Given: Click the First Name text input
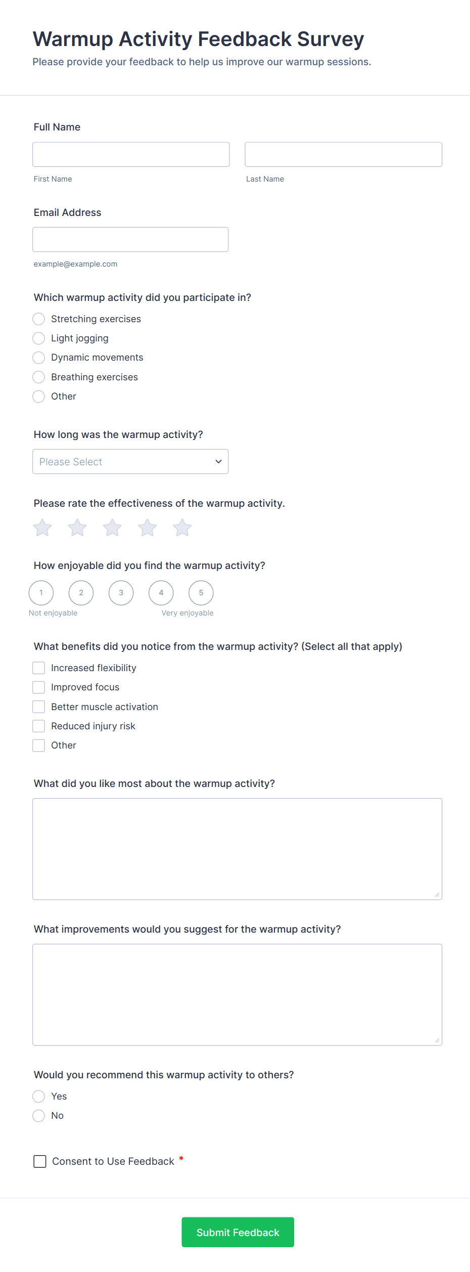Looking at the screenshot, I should tap(131, 154).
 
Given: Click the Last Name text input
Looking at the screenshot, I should tap(343, 154).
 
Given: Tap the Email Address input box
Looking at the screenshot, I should tap(130, 239).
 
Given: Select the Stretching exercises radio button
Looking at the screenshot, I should tap(39, 319).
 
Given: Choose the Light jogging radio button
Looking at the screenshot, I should tap(39, 338).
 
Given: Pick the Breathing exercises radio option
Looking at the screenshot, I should tap(39, 377).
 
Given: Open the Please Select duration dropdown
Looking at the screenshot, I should tap(130, 462).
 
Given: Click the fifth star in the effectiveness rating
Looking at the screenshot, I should tap(182, 528).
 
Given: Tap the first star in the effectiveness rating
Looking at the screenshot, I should tap(42, 528).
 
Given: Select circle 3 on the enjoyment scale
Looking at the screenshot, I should tap(121, 593).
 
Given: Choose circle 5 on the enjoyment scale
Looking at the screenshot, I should tap(201, 593).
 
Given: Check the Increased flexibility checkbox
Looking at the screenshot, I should tap(39, 668).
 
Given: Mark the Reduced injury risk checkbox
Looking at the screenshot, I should tap(39, 726).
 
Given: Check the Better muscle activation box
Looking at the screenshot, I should tap(39, 707).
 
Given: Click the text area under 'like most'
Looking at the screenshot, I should tap(237, 849).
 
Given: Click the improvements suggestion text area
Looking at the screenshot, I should tap(237, 994).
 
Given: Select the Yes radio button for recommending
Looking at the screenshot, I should tap(39, 1096).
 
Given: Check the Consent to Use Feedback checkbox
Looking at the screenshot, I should tap(40, 1161).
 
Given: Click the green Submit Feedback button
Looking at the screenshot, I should tap(238, 1233).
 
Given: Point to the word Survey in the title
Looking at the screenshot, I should tap(331, 39).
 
